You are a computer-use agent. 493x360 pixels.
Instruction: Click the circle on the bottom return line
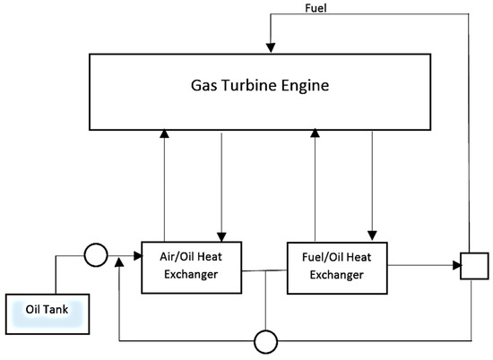[x=266, y=341]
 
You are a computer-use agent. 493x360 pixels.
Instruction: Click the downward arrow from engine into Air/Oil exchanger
[x=221, y=235]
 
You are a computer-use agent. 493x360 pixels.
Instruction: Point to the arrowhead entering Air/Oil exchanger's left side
[x=137, y=257]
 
